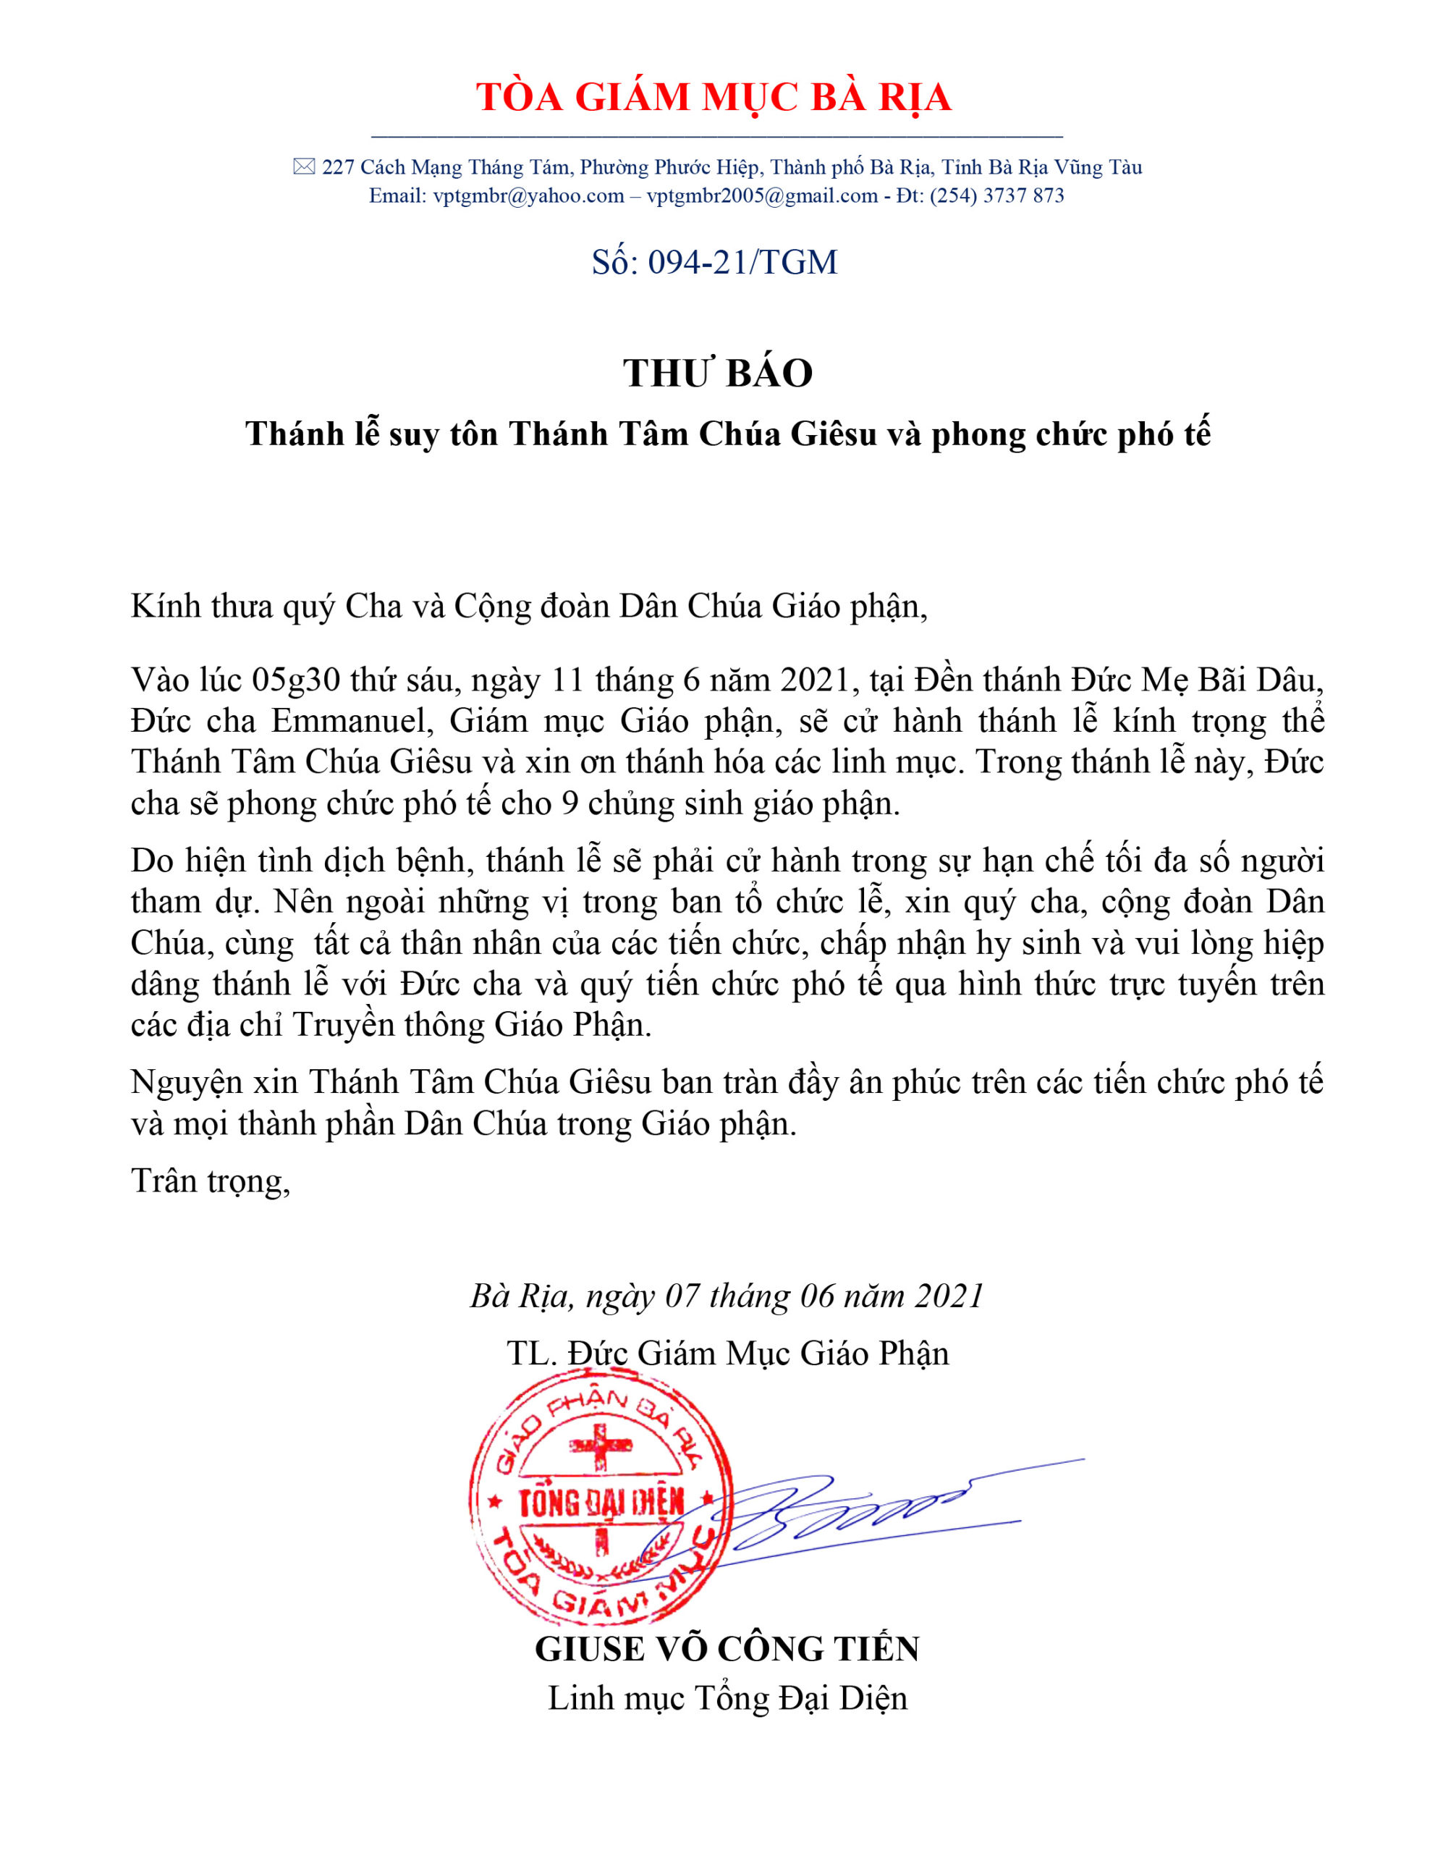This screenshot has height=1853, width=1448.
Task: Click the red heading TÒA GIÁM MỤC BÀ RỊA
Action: (714, 97)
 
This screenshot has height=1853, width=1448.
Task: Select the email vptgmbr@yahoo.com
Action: (528, 196)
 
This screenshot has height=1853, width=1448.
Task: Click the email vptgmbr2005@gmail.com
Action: (762, 196)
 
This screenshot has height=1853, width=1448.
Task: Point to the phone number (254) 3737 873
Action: (996, 196)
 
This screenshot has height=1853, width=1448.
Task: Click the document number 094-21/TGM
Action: (742, 262)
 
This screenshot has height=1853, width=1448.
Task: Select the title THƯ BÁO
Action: (718, 373)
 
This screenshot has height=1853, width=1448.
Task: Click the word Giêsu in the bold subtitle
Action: (833, 434)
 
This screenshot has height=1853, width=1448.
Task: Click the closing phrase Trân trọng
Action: (210, 1181)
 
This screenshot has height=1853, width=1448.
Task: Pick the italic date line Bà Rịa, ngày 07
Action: (726, 1296)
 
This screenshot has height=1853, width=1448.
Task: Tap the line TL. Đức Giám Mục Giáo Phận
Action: (727, 1352)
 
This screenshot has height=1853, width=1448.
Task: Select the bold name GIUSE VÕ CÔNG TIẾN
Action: (727, 1649)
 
